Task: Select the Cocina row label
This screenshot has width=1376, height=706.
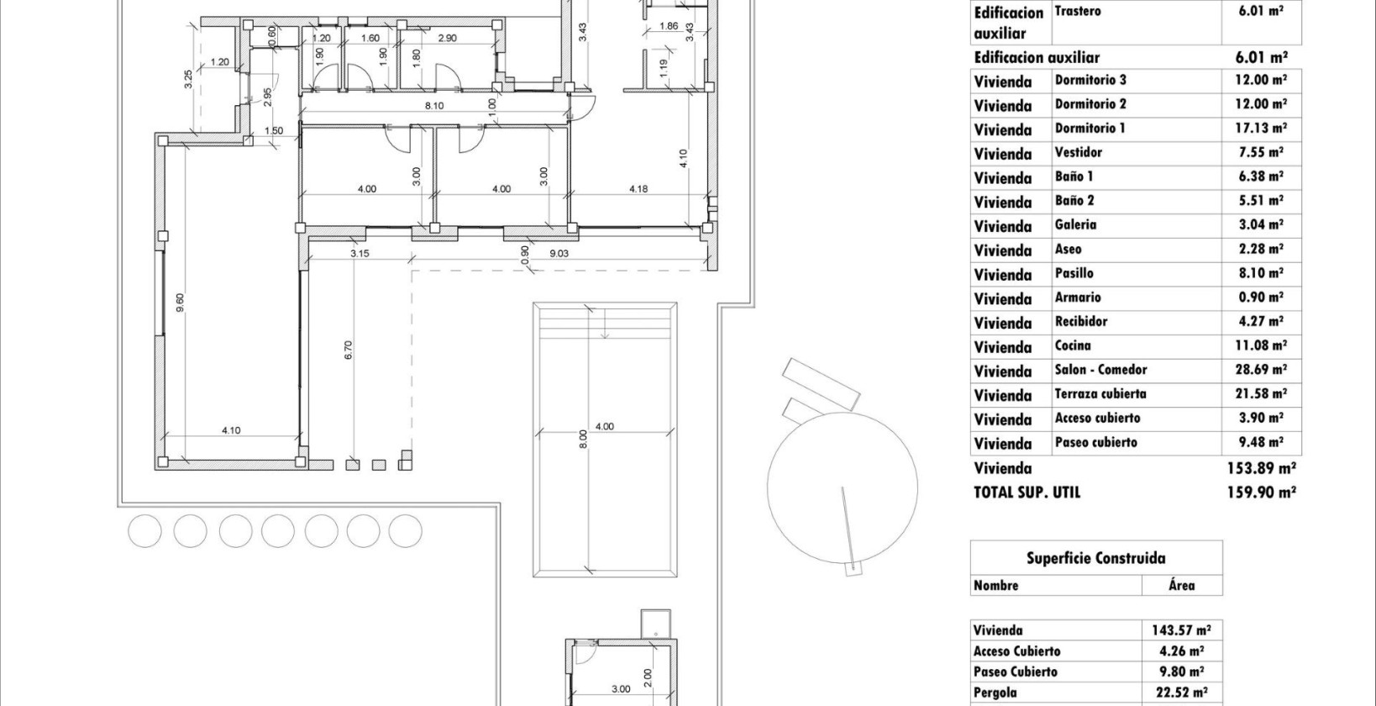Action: click(1073, 345)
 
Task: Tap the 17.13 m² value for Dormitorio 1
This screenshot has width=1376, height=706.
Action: click(1255, 129)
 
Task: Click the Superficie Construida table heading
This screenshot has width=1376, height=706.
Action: click(1095, 558)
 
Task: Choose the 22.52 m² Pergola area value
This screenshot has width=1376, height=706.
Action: click(1180, 693)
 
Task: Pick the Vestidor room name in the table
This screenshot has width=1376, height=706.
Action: click(1078, 152)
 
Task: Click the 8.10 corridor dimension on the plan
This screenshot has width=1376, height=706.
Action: click(434, 106)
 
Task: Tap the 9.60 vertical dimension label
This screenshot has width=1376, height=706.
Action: click(179, 303)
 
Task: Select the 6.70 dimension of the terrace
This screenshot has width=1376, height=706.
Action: click(348, 350)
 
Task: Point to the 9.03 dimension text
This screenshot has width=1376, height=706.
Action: click(559, 253)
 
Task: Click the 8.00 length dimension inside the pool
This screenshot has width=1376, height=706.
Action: click(582, 440)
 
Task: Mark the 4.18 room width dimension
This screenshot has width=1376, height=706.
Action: click(638, 189)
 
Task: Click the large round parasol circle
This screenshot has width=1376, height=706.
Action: click(841, 487)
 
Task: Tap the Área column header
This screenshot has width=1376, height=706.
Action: click(1181, 585)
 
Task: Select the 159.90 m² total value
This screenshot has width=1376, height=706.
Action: click(1261, 493)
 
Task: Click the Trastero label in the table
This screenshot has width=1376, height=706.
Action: click(1077, 12)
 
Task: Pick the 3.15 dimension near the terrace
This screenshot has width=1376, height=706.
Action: click(360, 253)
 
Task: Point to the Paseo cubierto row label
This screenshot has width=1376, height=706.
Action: click(1095, 442)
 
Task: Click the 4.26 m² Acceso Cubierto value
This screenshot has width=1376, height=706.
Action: click(1180, 651)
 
